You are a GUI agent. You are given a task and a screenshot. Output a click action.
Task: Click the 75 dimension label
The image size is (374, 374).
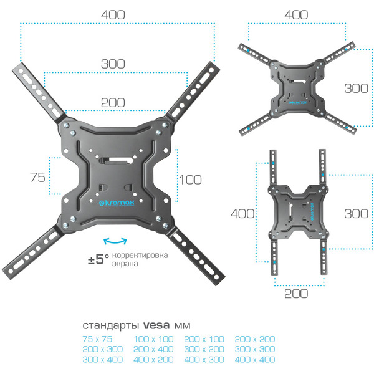(x=37, y=177)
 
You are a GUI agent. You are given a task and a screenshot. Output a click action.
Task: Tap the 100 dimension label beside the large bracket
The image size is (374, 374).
(x=189, y=180)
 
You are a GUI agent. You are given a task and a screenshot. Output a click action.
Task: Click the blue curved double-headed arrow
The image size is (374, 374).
(x=115, y=241)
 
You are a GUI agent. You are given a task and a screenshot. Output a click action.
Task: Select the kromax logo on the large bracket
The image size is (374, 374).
(x=115, y=203)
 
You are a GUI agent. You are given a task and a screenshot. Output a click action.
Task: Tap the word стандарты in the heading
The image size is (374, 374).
(x=111, y=325)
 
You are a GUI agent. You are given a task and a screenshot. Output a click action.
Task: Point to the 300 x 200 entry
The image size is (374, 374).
(x=204, y=349)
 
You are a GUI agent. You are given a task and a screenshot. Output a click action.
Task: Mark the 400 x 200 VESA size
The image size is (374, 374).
(x=152, y=360)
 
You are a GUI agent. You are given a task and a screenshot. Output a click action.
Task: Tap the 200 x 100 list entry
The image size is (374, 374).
(x=204, y=339)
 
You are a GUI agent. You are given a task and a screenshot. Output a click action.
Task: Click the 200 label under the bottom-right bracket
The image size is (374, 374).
(x=296, y=294)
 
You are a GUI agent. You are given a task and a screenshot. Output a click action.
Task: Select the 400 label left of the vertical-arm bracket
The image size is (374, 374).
(x=242, y=213)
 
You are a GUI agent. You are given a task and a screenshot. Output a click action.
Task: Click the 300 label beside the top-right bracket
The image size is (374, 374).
(x=356, y=88)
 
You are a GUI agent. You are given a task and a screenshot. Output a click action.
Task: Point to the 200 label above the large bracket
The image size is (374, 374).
(x=112, y=102)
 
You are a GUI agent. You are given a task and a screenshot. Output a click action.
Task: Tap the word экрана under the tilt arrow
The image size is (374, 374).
(x=127, y=264)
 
